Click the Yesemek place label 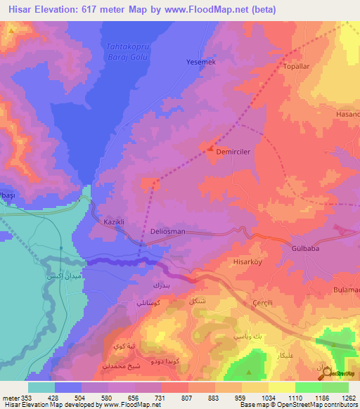click(x=200, y=62)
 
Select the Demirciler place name click(x=233, y=151)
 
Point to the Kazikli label click(x=114, y=221)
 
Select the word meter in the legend click(x=10, y=397)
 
